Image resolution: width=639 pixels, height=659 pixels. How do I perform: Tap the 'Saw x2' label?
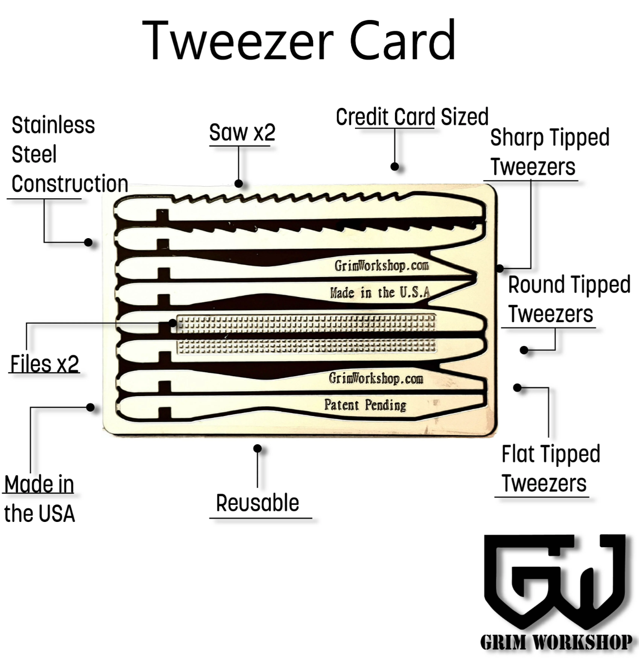tap(242, 133)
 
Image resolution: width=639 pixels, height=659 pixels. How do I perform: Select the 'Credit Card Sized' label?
tap(412, 117)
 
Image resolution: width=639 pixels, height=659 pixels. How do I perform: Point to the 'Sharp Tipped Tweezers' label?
tap(549, 152)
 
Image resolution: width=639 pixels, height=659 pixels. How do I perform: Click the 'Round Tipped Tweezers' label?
tap(568, 299)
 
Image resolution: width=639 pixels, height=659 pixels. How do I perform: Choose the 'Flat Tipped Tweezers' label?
tap(550, 468)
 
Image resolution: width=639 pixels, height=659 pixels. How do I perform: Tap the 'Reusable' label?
tap(257, 503)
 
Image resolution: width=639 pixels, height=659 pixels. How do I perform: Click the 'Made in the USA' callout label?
tap(39, 499)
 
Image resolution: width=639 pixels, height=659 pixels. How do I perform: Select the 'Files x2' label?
tap(45, 364)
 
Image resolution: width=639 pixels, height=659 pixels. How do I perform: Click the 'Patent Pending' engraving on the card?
tap(365, 405)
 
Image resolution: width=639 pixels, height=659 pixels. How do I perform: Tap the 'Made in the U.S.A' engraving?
tap(380, 292)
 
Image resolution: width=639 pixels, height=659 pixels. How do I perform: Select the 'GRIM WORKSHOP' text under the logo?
tap(556, 642)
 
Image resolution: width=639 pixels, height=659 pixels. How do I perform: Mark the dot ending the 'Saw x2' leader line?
tap(239, 184)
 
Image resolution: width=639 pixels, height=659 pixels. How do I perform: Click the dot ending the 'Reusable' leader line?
tap(258, 449)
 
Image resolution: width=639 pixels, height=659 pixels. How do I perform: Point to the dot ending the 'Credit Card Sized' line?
tap(395, 167)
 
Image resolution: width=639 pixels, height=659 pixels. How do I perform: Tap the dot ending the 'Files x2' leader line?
tap(173, 323)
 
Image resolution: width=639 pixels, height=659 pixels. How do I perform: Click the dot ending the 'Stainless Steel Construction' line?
tap(89, 242)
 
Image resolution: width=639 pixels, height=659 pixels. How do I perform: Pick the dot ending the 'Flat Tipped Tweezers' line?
tap(517, 388)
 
